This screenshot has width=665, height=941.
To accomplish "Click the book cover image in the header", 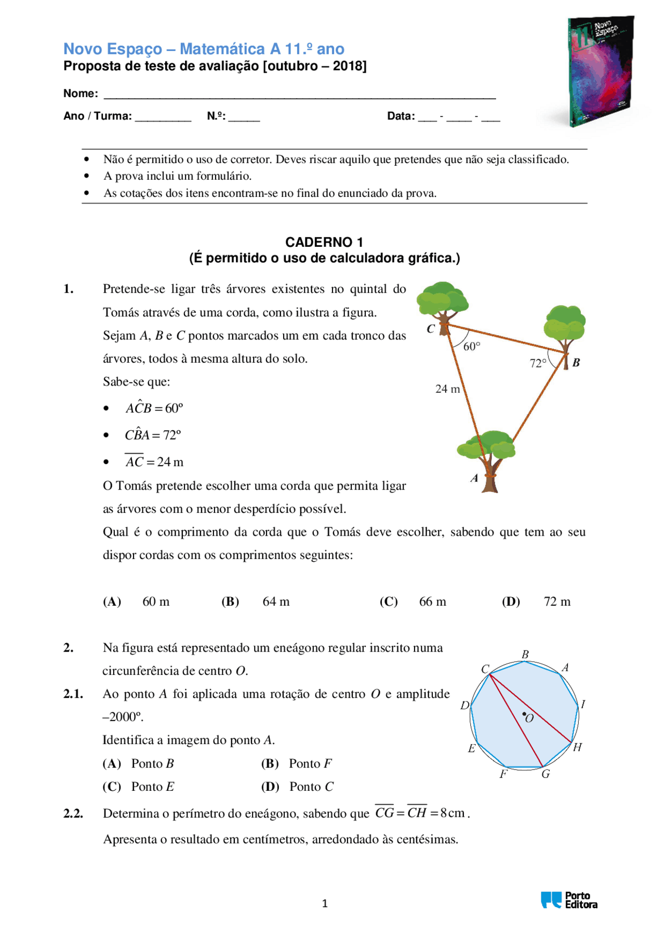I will (601, 71).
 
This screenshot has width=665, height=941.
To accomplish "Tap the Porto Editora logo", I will (569, 899).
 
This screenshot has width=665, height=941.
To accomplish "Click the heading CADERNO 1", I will (324, 242).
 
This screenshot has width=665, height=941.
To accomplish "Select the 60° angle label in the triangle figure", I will (472, 347).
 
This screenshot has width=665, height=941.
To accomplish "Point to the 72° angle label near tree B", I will (538, 363).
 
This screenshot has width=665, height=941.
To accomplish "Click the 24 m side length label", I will (447, 389).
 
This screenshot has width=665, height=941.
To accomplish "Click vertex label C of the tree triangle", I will (431, 328).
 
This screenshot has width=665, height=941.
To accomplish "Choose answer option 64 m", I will (276, 602).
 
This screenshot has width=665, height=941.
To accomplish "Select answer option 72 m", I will (557, 602).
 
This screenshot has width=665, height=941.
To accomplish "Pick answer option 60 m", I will (156, 602).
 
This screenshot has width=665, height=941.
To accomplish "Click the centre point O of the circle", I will (524, 714).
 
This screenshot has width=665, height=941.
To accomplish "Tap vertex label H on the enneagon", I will (577, 747).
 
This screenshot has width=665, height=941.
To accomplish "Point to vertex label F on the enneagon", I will (503, 774).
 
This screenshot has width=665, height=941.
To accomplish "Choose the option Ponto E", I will (152, 787).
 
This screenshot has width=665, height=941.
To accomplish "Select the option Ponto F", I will (310, 764).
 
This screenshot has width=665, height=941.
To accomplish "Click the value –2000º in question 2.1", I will (123, 717).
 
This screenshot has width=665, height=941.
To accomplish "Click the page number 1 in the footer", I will (325, 904).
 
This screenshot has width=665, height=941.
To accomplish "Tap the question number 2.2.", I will (73, 814).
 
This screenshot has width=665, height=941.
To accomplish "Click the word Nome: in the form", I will (81, 94).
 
